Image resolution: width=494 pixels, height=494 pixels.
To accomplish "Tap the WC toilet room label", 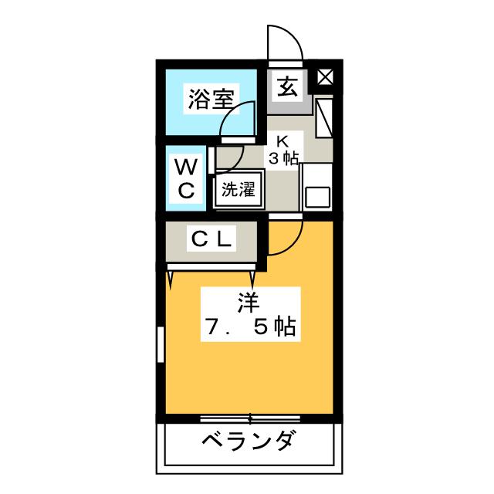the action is pos(186,178).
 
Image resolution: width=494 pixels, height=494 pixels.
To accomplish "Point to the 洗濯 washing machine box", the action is pos(238,189).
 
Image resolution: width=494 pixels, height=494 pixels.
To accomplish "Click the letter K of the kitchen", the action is pos(283,141).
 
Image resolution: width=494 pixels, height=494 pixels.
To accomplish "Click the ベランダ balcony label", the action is pos(249,443).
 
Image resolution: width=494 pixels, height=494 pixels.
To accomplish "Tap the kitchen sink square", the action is pos(317,196).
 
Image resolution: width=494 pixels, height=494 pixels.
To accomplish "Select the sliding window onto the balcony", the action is pos(249,418).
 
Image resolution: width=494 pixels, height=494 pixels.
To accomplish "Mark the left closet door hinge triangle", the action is pos(171,272).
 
